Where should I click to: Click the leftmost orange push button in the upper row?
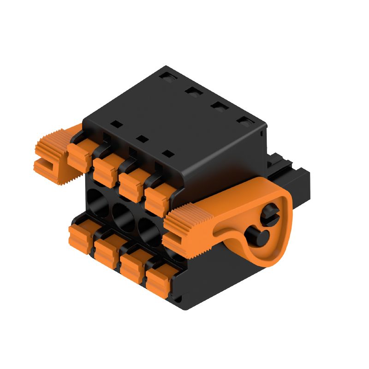point(79,156)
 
